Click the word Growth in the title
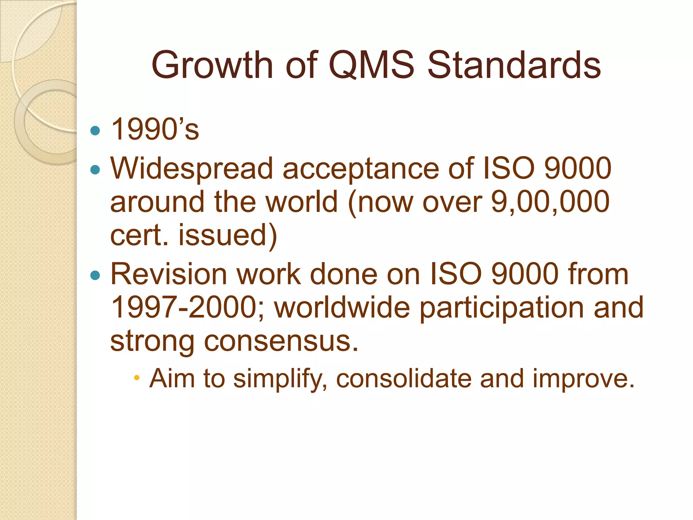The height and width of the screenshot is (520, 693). (212, 65)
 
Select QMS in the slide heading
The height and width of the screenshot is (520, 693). (371, 65)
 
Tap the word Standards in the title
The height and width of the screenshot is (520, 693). (514, 65)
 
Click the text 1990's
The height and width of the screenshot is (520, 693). (155, 129)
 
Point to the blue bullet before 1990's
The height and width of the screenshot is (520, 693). (96, 131)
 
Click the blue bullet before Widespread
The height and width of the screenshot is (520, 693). (96, 169)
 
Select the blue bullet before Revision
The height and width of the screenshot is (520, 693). (96, 275)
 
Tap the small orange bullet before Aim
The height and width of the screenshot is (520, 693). (137, 378)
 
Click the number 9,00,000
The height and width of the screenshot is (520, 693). (550, 202)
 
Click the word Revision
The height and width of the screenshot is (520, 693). (168, 274)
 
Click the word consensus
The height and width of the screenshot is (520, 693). (281, 341)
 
